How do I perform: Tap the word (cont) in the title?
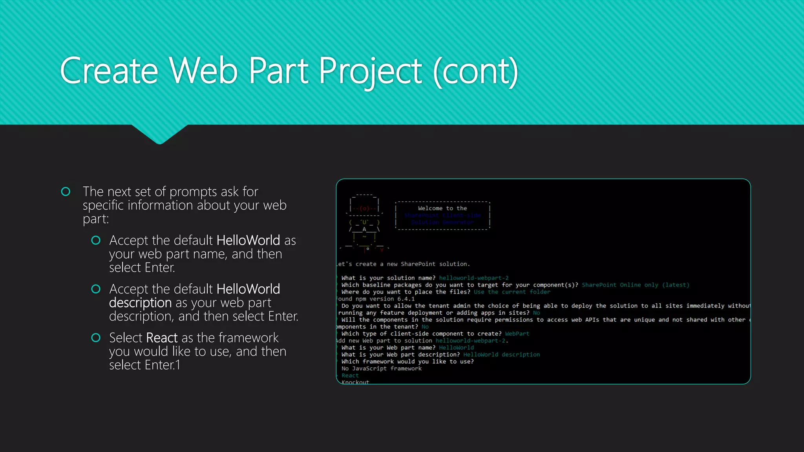pyautogui.click(x=475, y=71)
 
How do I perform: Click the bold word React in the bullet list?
pyautogui.click(x=162, y=338)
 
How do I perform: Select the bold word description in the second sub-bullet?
pyautogui.click(x=140, y=303)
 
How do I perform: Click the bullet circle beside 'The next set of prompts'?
pyautogui.click(x=66, y=191)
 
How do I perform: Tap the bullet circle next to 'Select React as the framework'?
pyautogui.click(x=96, y=338)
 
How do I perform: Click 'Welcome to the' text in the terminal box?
pyautogui.click(x=442, y=208)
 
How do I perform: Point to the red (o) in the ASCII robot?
pyautogui.click(x=364, y=209)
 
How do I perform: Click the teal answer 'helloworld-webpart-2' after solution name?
pyautogui.click(x=473, y=278)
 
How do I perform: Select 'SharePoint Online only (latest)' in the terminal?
pyautogui.click(x=635, y=285)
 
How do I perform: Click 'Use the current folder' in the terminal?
pyautogui.click(x=512, y=292)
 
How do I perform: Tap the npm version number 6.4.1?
pyautogui.click(x=406, y=299)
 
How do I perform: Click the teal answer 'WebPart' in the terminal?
pyautogui.click(x=517, y=334)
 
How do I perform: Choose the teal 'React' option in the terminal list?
pyautogui.click(x=350, y=375)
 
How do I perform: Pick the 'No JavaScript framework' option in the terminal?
pyautogui.click(x=381, y=368)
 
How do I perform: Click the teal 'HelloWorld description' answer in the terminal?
pyautogui.click(x=501, y=355)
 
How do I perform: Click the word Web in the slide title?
pyautogui.click(x=203, y=71)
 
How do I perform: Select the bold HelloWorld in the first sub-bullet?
pyautogui.click(x=248, y=240)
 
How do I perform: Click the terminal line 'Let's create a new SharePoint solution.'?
pyautogui.click(x=403, y=264)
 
